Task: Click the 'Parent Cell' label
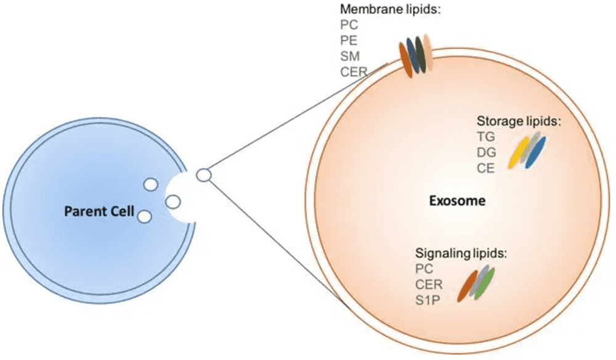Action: [99, 211]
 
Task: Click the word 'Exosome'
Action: [456, 201]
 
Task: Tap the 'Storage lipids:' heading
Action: [519, 121]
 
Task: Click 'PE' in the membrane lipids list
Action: [349, 41]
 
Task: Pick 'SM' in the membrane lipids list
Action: [349, 56]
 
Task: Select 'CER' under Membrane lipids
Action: [353, 72]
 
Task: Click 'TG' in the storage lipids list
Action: [486, 137]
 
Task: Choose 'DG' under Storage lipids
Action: [487, 152]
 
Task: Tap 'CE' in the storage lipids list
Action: [486, 168]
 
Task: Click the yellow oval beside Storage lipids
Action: [518, 152]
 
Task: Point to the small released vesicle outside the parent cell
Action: [203, 176]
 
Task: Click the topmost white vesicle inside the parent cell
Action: [150, 184]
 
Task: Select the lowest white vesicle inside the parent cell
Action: [144, 216]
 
